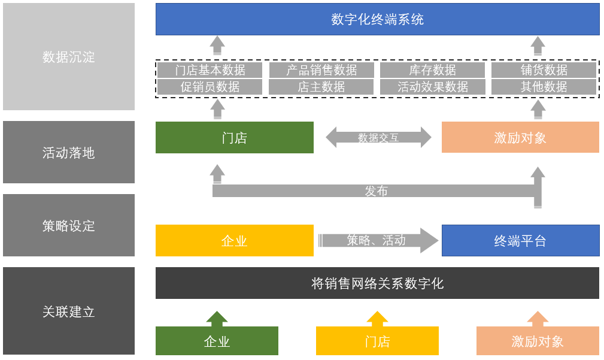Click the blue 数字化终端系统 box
377,19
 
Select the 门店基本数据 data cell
210,70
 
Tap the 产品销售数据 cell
321,70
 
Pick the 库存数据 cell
432,70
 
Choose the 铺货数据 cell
544,70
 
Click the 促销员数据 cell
210,87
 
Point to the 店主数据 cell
321,87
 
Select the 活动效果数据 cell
432,87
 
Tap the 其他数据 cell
544,87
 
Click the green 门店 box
234,138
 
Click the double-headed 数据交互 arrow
378,137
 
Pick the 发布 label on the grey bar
376,191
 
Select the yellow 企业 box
234,241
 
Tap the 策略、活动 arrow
377,240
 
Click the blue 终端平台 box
520,241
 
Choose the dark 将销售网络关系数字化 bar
377,283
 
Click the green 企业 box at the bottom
217,341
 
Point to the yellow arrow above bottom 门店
377,319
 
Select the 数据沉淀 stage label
69,57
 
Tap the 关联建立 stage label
69,311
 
